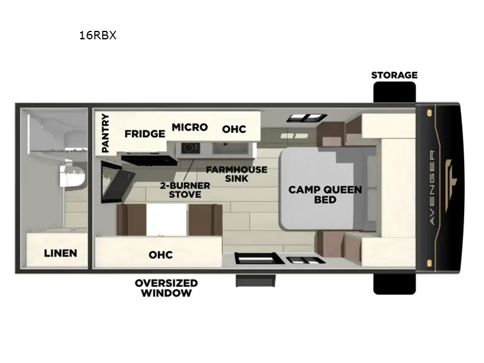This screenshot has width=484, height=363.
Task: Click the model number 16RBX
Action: point(97,35)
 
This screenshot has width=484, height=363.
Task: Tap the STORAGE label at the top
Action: point(394,75)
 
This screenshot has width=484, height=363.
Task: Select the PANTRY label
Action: point(105,133)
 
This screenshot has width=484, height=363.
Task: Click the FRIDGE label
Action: point(145,134)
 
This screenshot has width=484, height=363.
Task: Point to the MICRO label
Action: point(189,127)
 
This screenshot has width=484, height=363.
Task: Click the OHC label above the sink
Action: point(234,129)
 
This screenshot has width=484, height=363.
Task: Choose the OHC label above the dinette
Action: point(160,255)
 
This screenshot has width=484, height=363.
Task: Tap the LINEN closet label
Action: point(60,253)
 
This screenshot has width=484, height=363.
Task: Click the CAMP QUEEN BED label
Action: point(325,194)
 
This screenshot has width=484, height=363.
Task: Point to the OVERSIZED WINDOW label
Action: point(166,288)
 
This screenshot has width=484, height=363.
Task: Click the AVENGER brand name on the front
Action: point(432,188)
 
